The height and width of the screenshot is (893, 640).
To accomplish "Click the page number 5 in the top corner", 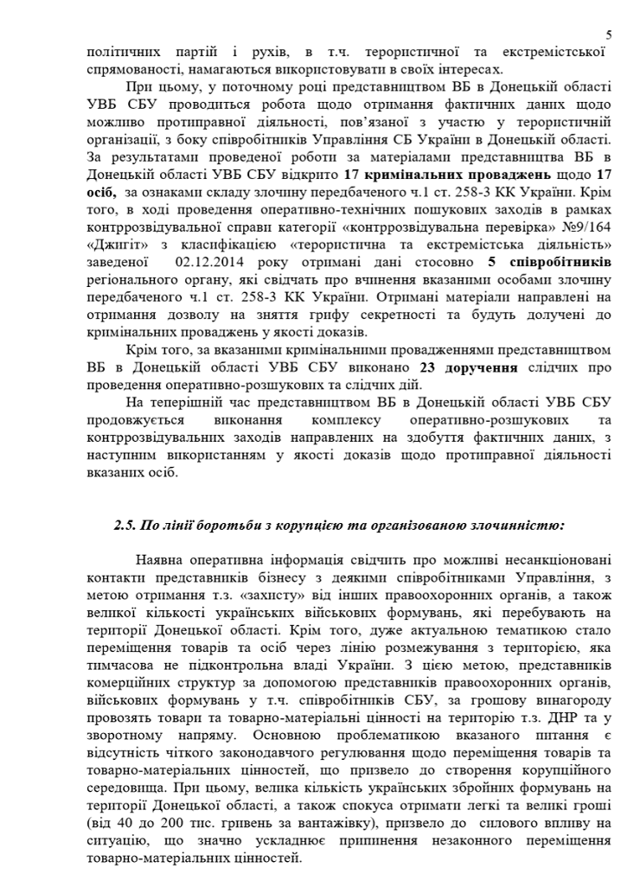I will pyautogui.click(x=609, y=35).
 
